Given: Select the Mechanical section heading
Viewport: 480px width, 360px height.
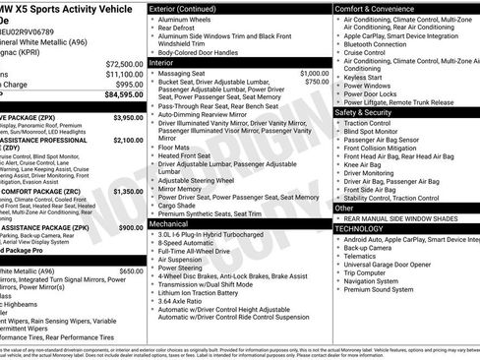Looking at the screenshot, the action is tap(168, 223).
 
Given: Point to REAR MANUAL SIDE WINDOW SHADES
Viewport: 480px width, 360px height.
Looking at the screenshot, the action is tap(405, 217).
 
